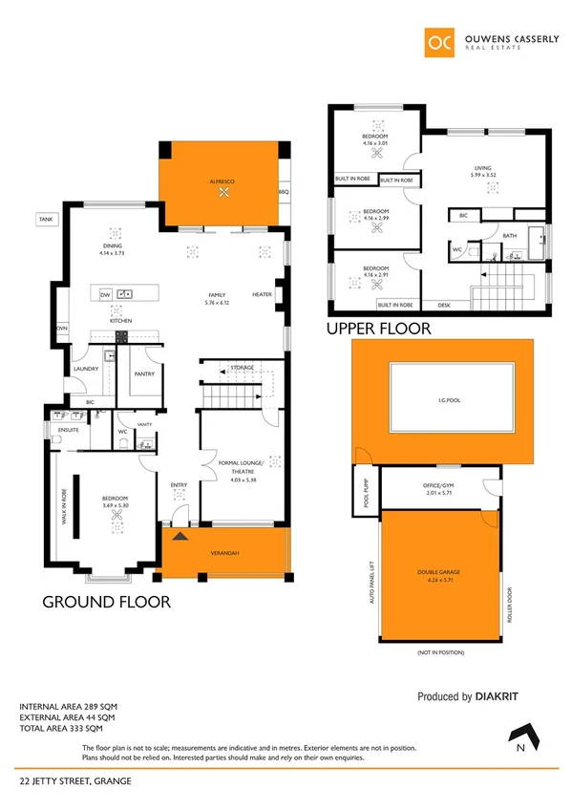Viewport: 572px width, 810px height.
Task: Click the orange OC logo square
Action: tap(441, 42)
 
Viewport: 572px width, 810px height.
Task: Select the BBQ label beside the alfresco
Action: tap(283, 192)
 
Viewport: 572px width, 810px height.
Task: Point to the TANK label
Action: tap(45, 219)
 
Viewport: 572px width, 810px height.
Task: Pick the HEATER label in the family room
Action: tap(263, 294)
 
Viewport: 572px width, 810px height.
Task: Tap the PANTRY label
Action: tap(144, 374)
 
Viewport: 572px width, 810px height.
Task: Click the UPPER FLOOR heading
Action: tap(379, 329)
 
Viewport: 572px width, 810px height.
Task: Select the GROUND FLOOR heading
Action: tap(105, 602)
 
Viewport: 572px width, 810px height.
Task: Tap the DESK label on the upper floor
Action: tap(444, 305)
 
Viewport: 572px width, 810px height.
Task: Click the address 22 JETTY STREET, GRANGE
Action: tap(76, 781)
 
